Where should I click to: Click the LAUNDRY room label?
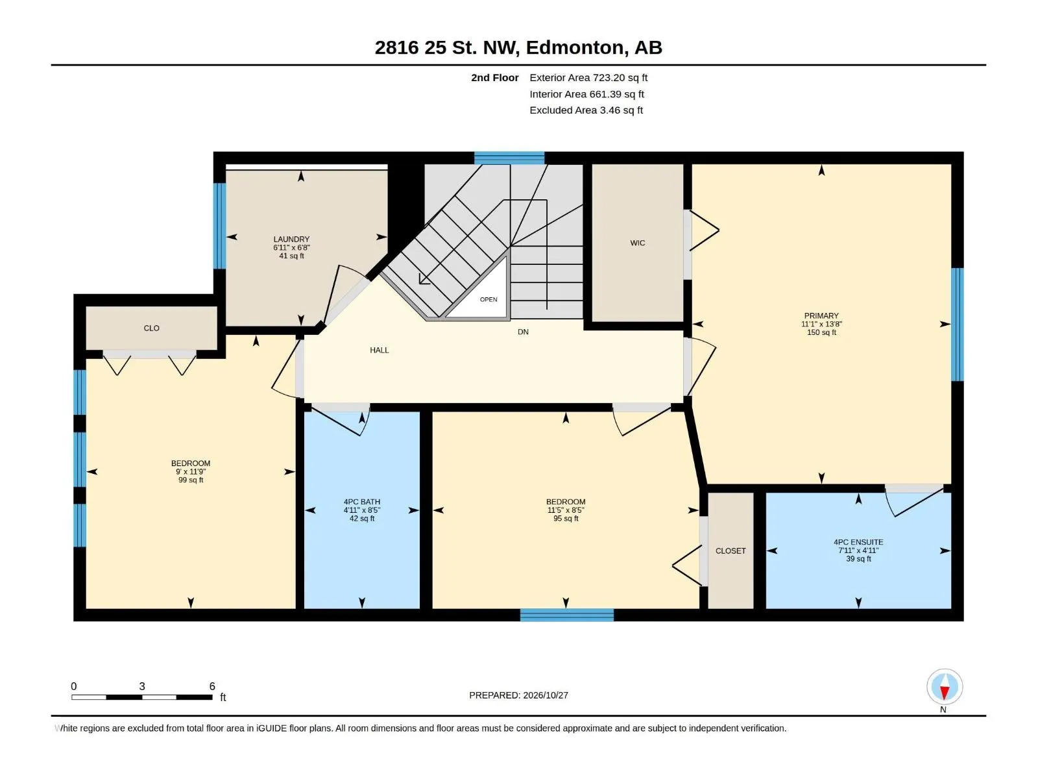pos(291,240)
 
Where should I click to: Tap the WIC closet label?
pos(637,243)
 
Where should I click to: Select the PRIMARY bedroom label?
pos(821,315)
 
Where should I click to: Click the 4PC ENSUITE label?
pos(858,542)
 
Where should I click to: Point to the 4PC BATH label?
pos(362,502)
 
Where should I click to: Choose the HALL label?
pos(380,350)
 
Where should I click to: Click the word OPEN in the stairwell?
pos(489,299)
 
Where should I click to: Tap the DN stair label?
pos(522,332)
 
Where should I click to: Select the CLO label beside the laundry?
pos(151,328)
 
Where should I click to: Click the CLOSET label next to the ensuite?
pos(730,550)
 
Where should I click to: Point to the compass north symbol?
pos(944,686)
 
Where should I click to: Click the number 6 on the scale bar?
pos(212,686)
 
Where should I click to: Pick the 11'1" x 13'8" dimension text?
pos(821,324)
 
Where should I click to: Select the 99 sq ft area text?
pos(191,480)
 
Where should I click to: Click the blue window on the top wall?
pos(509,158)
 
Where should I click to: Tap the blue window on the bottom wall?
pos(566,615)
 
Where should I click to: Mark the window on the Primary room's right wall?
pos(957,325)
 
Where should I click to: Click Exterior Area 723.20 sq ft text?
pos(588,77)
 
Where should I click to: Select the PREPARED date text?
pos(518,695)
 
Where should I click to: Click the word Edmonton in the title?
pos(577,48)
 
